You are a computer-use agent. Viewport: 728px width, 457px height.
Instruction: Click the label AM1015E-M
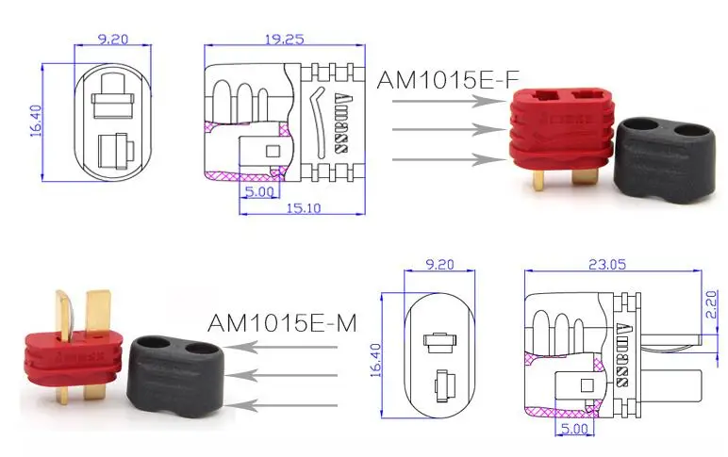click(281, 323)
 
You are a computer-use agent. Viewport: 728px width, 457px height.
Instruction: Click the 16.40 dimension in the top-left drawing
click(36, 120)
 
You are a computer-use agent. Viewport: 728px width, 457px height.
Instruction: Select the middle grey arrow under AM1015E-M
click(287, 376)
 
